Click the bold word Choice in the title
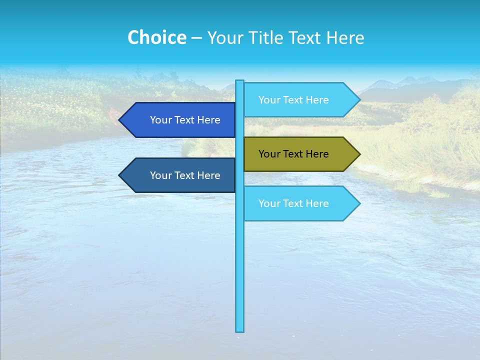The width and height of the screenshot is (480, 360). (x=156, y=37)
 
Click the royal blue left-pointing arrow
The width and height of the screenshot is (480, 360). (x=180, y=120)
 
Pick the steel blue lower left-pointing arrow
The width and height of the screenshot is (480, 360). (x=180, y=175)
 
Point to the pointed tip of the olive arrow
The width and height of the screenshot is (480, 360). (x=359, y=154)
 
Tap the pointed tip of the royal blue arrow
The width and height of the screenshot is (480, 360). (x=120, y=120)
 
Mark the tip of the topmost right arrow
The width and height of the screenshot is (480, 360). (x=359, y=100)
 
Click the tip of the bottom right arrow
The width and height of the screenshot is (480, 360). (x=359, y=203)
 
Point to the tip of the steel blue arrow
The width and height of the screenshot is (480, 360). (x=120, y=175)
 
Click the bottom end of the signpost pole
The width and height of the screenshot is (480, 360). (x=240, y=330)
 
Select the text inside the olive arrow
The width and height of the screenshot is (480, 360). (x=293, y=154)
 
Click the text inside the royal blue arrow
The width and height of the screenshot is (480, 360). (x=185, y=120)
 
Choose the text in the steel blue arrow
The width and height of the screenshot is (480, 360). (x=185, y=175)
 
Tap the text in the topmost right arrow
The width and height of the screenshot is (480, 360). (x=293, y=100)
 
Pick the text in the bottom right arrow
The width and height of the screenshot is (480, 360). (x=293, y=203)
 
